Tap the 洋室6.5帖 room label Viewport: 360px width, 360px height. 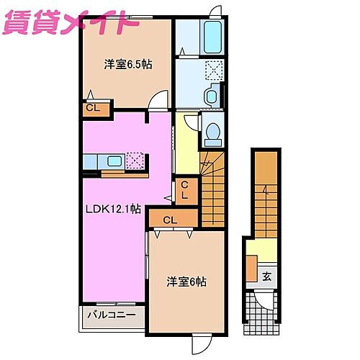click(127, 64)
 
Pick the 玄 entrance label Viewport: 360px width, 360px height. click(266, 276)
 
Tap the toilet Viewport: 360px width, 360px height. click(212, 131)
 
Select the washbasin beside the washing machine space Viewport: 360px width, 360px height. click(213, 95)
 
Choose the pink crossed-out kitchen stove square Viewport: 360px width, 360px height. click(135, 160)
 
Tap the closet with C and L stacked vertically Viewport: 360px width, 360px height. click(184, 191)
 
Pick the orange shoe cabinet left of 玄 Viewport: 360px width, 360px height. click(251, 269)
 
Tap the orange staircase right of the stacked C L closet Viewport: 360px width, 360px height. click(215, 187)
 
